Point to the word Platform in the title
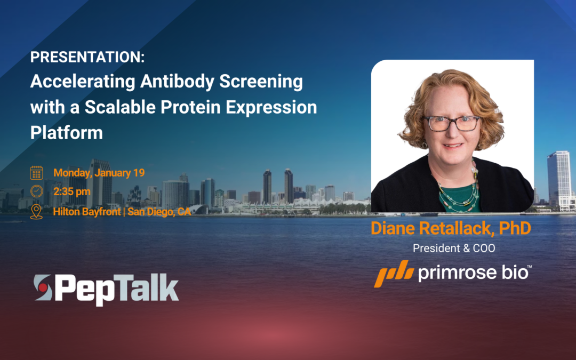pyautogui.click(x=66, y=132)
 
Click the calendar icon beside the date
pyautogui.click(x=36, y=173)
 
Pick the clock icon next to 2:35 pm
pyautogui.click(x=36, y=191)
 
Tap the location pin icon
pyautogui.click(x=36, y=211)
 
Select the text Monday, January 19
pyautogui.click(x=99, y=173)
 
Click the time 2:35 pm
pyautogui.click(x=72, y=191)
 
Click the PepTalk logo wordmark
pyautogui.click(x=116, y=289)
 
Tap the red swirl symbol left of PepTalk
pyautogui.click(x=42, y=289)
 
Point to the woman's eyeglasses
pyautogui.click(x=451, y=123)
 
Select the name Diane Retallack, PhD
pyautogui.click(x=451, y=229)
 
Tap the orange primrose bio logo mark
pyautogui.click(x=393, y=273)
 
